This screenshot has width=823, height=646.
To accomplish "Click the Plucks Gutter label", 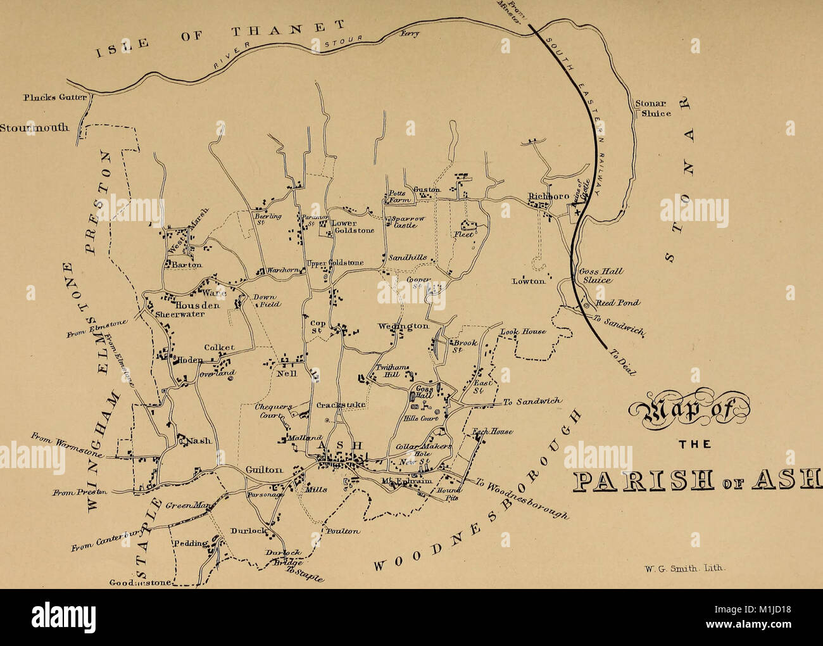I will point(46,97).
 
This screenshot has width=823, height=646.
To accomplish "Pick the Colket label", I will point(219,347).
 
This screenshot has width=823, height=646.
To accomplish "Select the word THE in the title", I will point(694,443).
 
